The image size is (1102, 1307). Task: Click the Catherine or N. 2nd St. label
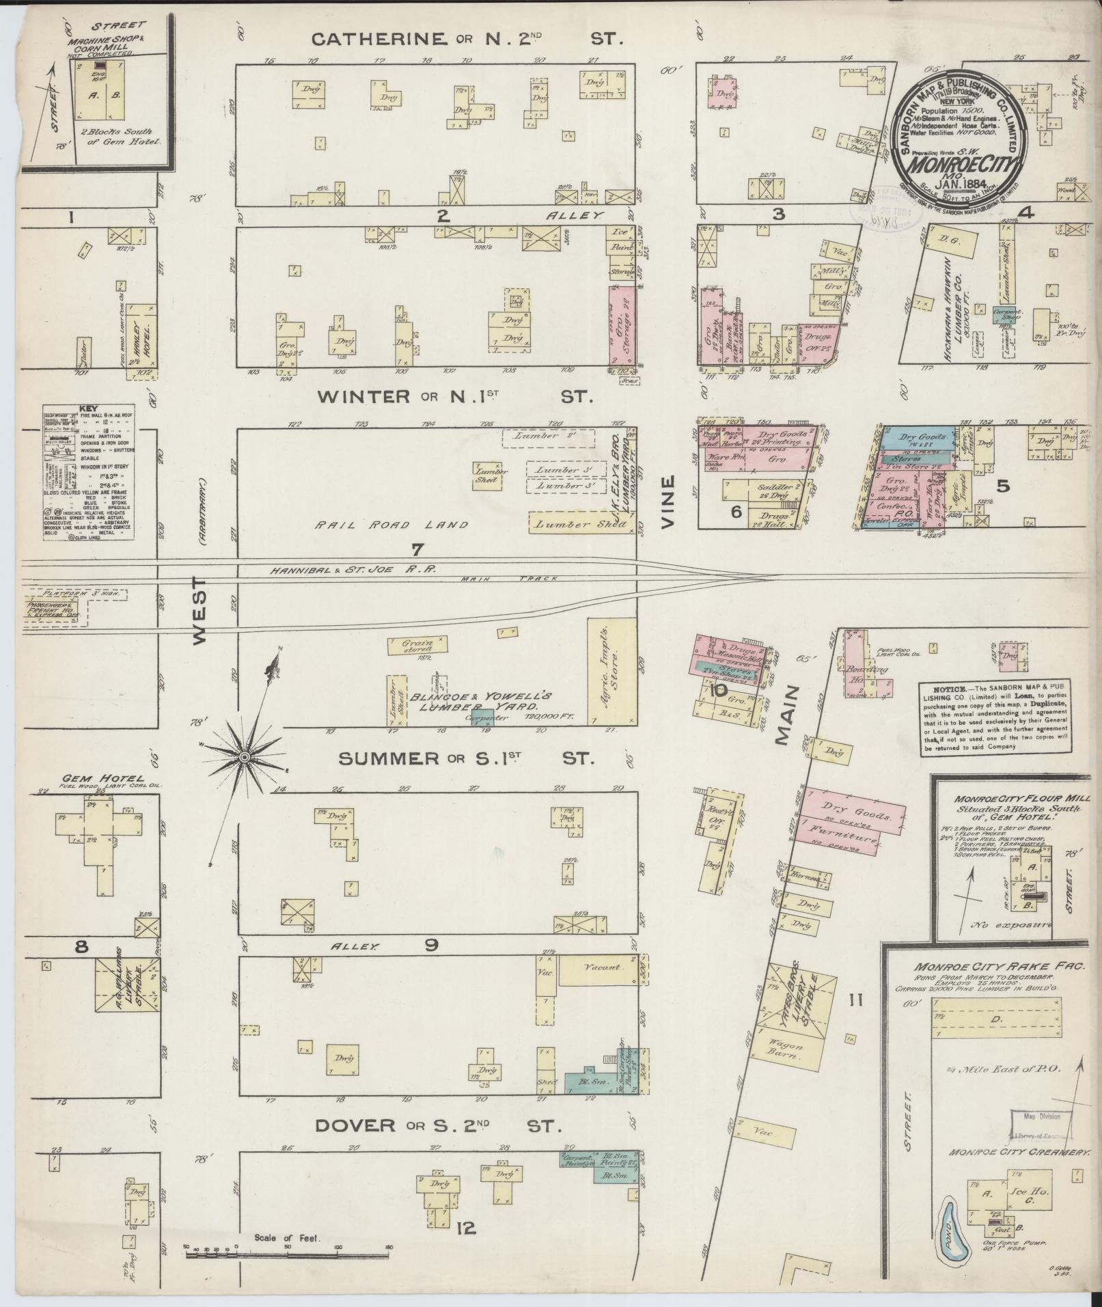point(467,39)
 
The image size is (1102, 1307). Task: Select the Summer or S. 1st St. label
point(467,758)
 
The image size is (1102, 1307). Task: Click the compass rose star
point(244,757)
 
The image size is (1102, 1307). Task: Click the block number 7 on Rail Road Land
point(417,549)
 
